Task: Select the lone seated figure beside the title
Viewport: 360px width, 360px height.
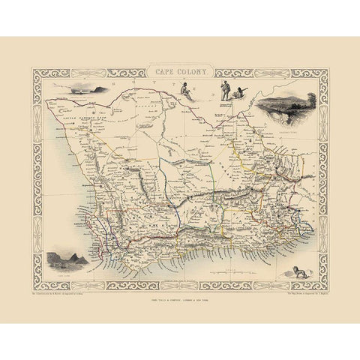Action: pos(184,90)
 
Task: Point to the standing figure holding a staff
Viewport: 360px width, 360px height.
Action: pos(223,90)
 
